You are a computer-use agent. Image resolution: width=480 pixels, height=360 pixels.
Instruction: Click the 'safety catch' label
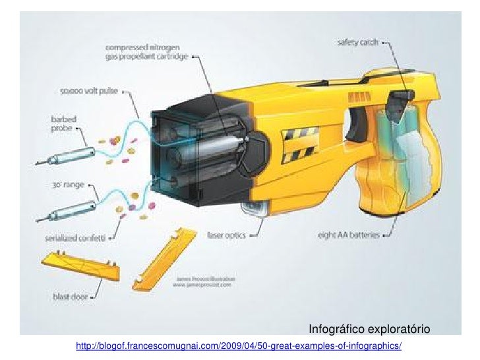point(359,41)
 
